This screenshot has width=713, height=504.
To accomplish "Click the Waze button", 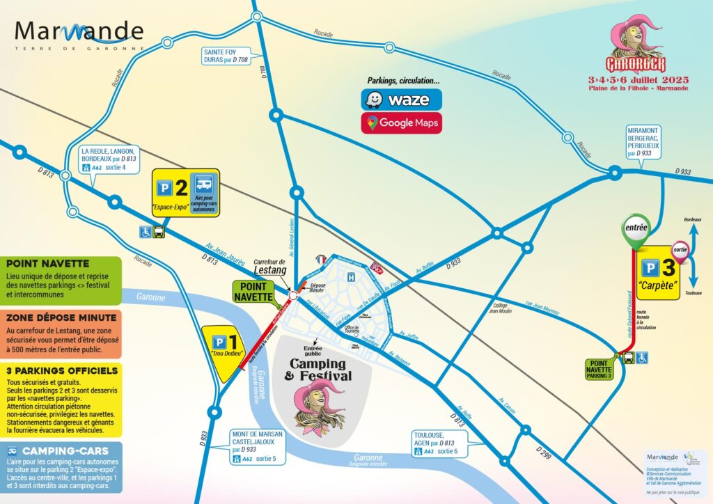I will [401, 100].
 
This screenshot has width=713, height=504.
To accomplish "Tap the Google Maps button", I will [401, 123].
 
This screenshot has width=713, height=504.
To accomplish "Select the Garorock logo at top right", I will [634, 52].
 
